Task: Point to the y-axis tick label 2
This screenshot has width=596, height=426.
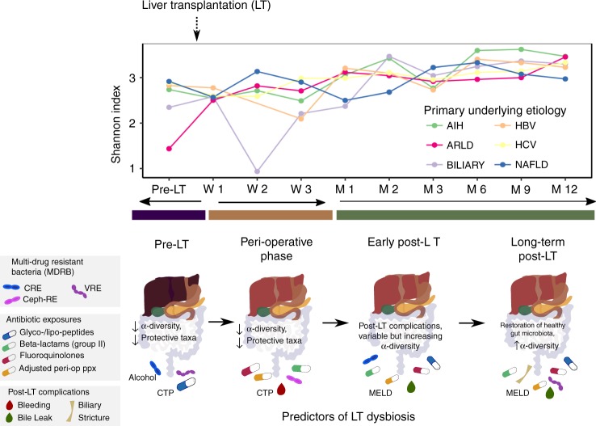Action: point(145,123)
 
